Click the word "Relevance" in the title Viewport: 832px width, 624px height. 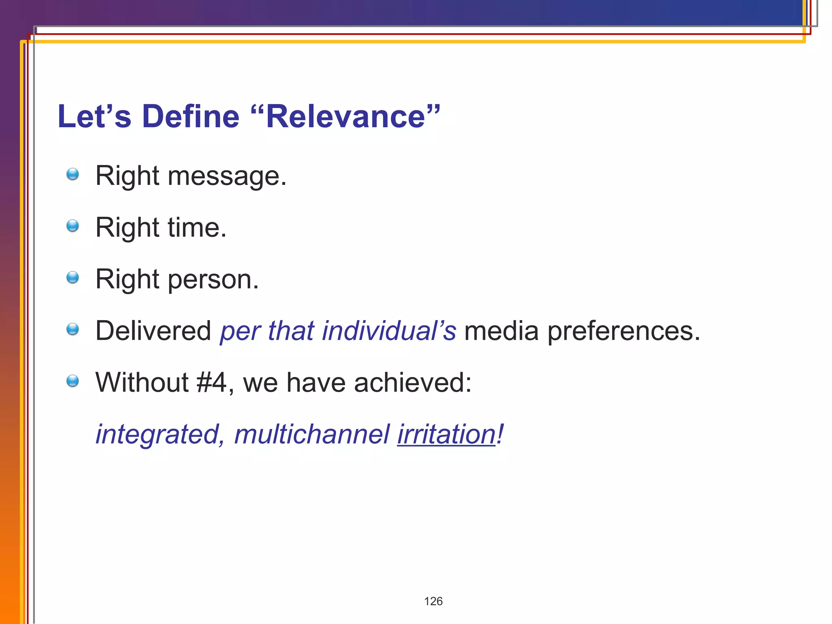click(346, 117)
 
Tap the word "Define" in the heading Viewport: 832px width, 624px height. click(191, 117)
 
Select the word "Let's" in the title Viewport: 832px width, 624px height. click(94, 117)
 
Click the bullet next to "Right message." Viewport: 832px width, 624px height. click(73, 174)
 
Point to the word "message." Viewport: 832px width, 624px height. click(227, 176)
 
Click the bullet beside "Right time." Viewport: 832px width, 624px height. click(73, 226)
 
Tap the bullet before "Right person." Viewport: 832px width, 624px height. click(73, 277)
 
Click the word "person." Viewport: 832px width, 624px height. click(213, 280)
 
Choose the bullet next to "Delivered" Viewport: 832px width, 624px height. click(73, 329)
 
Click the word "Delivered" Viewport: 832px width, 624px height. click(153, 331)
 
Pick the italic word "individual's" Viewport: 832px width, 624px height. click(389, 331)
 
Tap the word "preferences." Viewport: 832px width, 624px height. click(624, 331)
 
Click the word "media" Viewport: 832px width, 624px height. click(501, 331)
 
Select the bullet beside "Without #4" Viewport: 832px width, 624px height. click(73, 381)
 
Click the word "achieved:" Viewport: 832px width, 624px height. click(413, 383)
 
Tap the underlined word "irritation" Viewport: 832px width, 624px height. click(446, 434)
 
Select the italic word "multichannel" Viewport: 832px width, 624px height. click(312, 434)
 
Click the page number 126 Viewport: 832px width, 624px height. click(433, 601)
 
